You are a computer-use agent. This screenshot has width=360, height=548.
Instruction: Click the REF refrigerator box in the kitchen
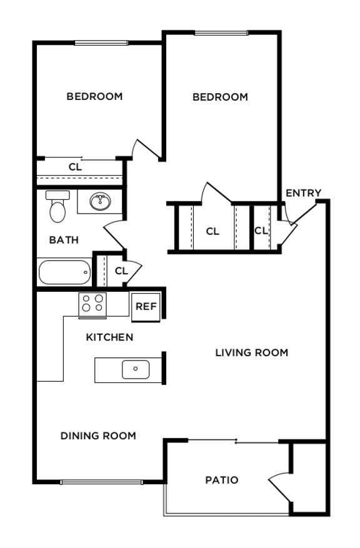[146, 306]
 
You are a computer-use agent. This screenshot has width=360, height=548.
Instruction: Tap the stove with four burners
[92, 304]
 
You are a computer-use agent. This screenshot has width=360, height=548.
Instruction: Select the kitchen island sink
[136, 369]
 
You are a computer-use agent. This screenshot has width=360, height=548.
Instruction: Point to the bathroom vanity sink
[100, 202]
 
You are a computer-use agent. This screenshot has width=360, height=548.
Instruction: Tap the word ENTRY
[303, 193]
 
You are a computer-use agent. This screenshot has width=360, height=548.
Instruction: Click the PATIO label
[222, 480]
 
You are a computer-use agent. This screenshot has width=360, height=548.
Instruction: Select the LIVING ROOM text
[251, 352]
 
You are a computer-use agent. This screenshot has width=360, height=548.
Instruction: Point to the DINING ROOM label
[98, 436]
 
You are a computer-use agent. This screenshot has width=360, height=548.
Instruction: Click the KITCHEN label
[109, 337]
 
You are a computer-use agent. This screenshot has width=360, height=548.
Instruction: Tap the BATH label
[64, 239]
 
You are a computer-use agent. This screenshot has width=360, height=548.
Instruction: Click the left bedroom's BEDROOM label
[94, 96]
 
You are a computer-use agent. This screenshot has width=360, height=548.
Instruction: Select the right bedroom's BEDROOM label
[220, 97]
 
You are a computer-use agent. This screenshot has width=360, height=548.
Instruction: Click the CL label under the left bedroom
[75, 167]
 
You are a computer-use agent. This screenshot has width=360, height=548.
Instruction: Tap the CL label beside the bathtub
[121, 271]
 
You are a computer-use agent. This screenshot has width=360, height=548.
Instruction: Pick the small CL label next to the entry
[261, 231]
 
